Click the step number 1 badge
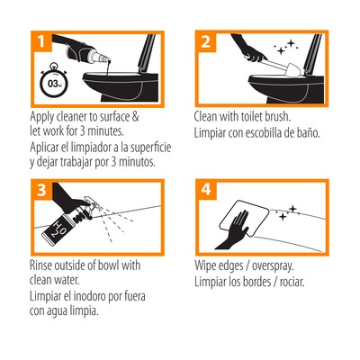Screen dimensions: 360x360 click(41, 40)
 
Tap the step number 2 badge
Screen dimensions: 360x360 click(205, 40)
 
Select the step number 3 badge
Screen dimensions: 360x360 click(41, 190)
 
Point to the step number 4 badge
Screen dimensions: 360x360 click(206, 190)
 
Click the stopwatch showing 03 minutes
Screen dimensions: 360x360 click(54, 82)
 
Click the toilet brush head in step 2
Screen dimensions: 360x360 click(294, 71)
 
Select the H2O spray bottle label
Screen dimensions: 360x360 click(56, 229)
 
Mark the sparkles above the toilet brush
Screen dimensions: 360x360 click(285, 48)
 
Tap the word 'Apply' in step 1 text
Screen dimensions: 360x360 click(41, 117)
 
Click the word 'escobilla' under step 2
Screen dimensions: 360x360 click(264, 133)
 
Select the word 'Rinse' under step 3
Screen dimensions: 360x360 click(40, 265)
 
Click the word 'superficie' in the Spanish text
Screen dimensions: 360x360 click(150, 148)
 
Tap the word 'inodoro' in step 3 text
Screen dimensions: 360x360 click(103, 296)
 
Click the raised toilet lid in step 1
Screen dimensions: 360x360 click(147, 53)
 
